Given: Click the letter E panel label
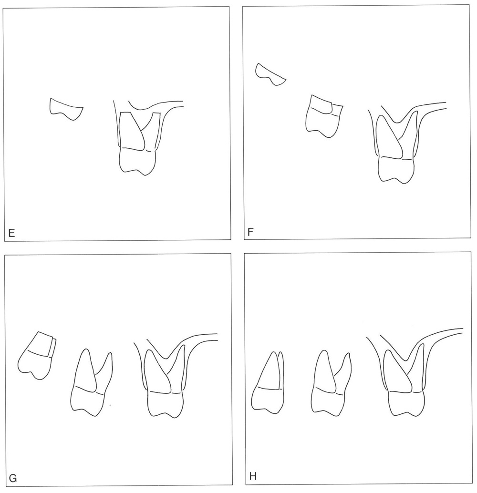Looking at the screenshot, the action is (11, 233).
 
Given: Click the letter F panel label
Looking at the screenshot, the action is (251, 232).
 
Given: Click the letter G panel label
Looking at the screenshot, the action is (12, 479).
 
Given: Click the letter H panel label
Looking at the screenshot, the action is (253, 476).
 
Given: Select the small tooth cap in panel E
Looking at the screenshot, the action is (66, 109).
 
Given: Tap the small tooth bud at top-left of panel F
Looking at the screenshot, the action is (270, 75).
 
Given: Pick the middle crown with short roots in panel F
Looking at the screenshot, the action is (324, 116).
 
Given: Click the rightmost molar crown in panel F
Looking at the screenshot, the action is (396, 169).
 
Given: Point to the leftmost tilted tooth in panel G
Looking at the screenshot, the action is (37, 356).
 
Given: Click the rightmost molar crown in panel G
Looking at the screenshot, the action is (165, 405).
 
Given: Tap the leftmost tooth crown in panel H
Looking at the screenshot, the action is (267, 399).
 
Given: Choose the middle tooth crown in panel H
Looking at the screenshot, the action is (328, 401).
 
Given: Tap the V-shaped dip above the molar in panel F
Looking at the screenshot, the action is (398, 122).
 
